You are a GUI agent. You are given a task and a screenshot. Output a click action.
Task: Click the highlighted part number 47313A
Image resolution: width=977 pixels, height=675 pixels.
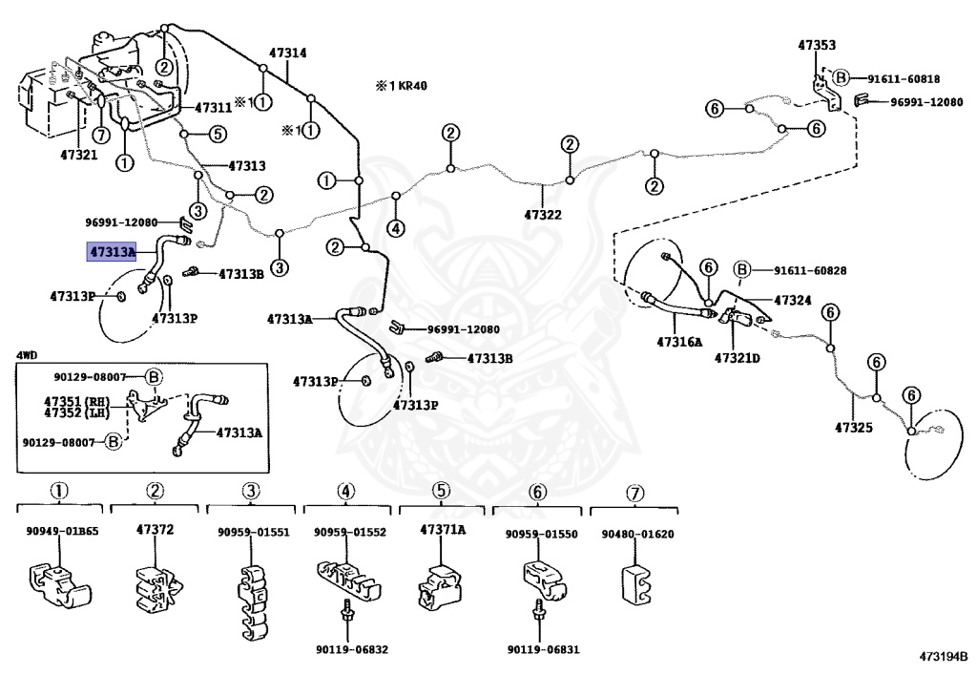coord(112,252)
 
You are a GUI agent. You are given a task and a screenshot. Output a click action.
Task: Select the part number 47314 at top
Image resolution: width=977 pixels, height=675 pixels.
coord(287,53)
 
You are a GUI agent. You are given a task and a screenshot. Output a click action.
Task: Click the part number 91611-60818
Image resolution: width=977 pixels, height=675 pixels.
coord(903,79)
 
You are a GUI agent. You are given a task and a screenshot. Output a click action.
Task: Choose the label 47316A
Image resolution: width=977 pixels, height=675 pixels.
coord(678,341)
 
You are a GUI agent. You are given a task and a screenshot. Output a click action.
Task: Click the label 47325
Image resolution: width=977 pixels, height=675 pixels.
coord(854,427)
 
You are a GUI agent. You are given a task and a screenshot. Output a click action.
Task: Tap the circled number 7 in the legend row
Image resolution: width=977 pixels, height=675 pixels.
coord(634,491)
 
